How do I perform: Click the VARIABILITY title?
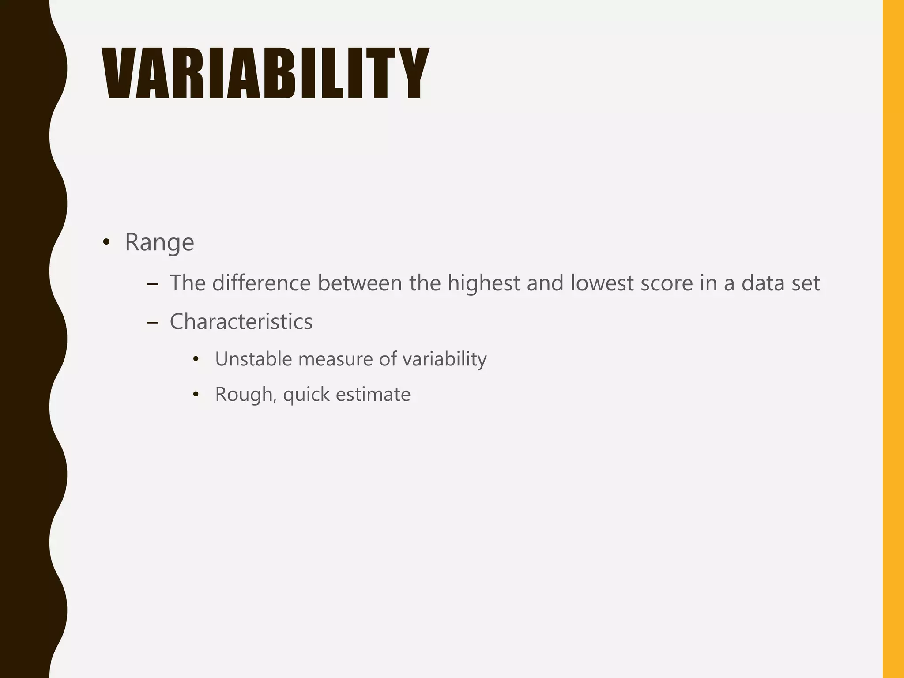click(265, 74)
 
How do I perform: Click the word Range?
click(159, 242)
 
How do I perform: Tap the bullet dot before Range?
click(106, 242)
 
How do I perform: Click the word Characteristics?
click(241, 321)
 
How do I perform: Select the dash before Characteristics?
click(152, 323)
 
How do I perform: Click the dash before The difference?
click(152, 284)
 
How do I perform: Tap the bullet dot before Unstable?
click(196, 359)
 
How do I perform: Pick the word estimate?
click(373, 394)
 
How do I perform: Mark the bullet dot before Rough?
click(196, 394)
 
